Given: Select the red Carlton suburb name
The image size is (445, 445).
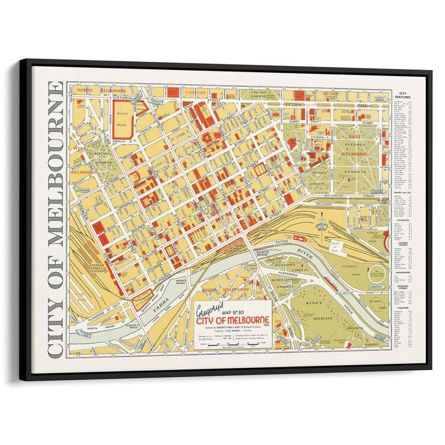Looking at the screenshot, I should click(195, 92).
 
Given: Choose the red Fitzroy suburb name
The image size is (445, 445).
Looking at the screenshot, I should click(331, 94).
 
